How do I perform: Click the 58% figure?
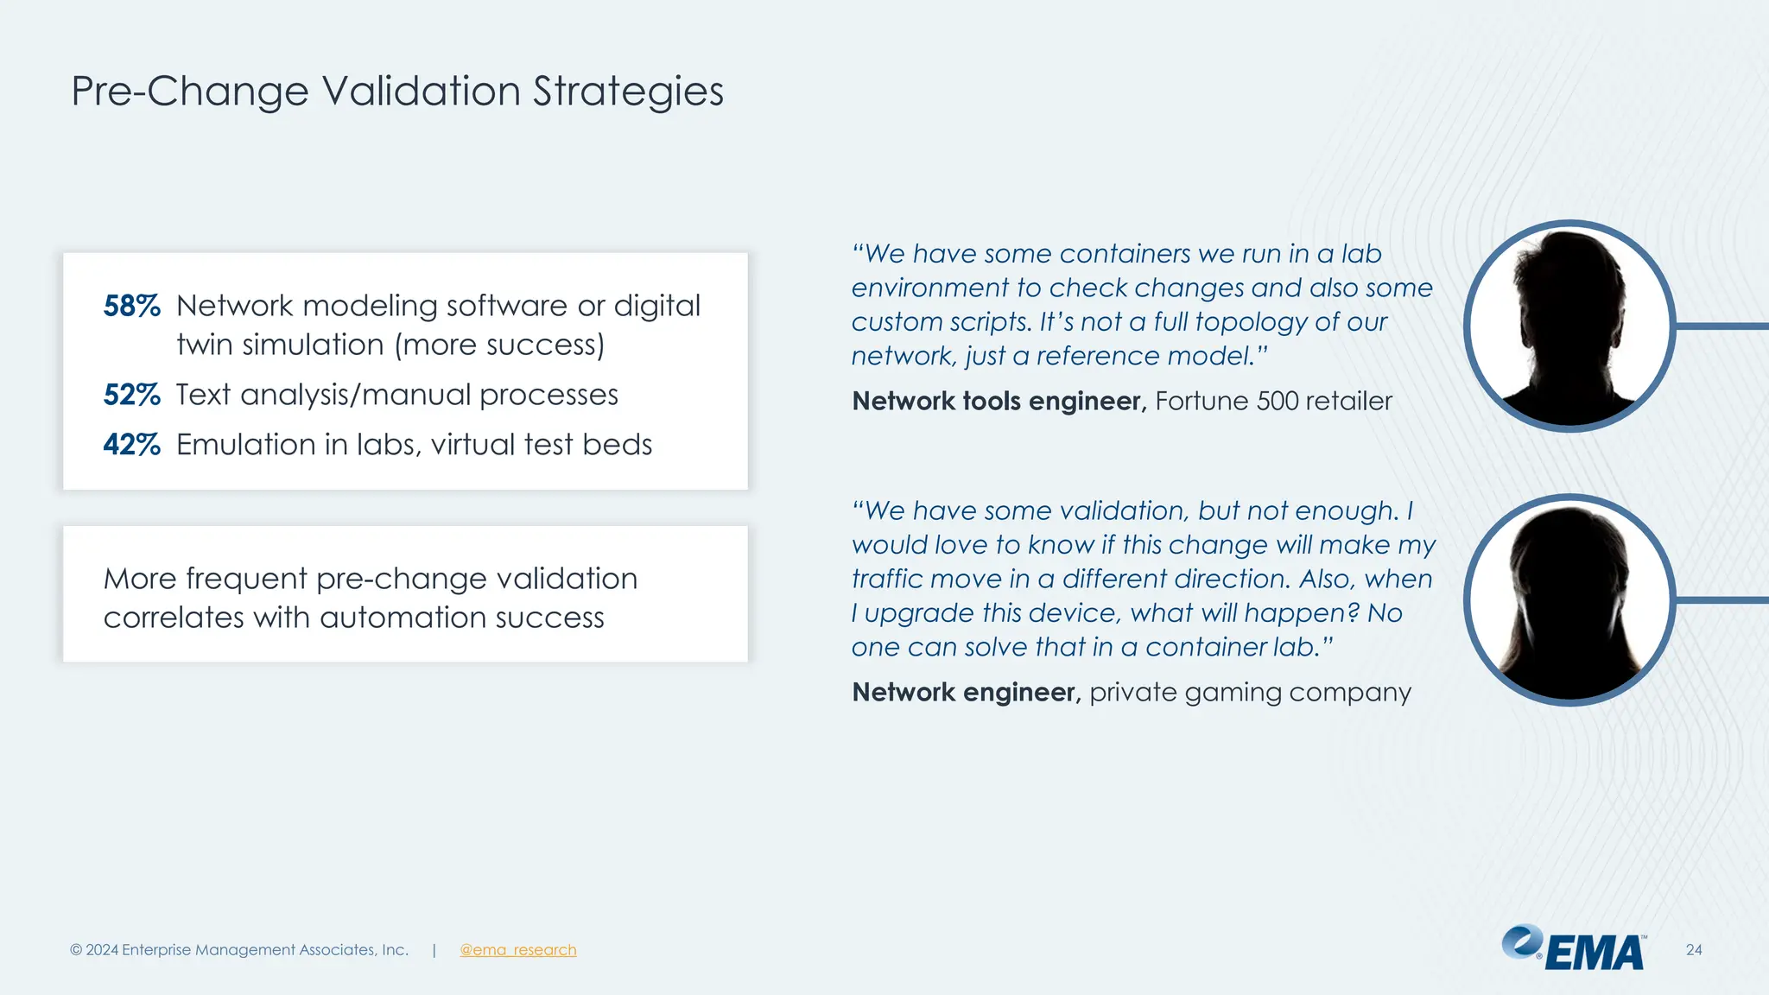131,306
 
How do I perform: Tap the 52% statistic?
131,395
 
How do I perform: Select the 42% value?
131,445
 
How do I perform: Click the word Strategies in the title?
628,92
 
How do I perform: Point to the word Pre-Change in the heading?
189,92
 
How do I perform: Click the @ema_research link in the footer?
517,950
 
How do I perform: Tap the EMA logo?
1573,949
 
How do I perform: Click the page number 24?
1693,950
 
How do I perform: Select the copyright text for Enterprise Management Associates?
239,950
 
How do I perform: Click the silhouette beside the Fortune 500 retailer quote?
1569,326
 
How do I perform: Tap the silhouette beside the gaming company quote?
1569,600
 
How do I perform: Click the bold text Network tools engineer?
999,401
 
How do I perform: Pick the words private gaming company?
1250,692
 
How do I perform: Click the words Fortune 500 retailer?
1273,401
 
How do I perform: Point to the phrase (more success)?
499,345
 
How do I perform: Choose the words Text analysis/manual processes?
397,395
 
